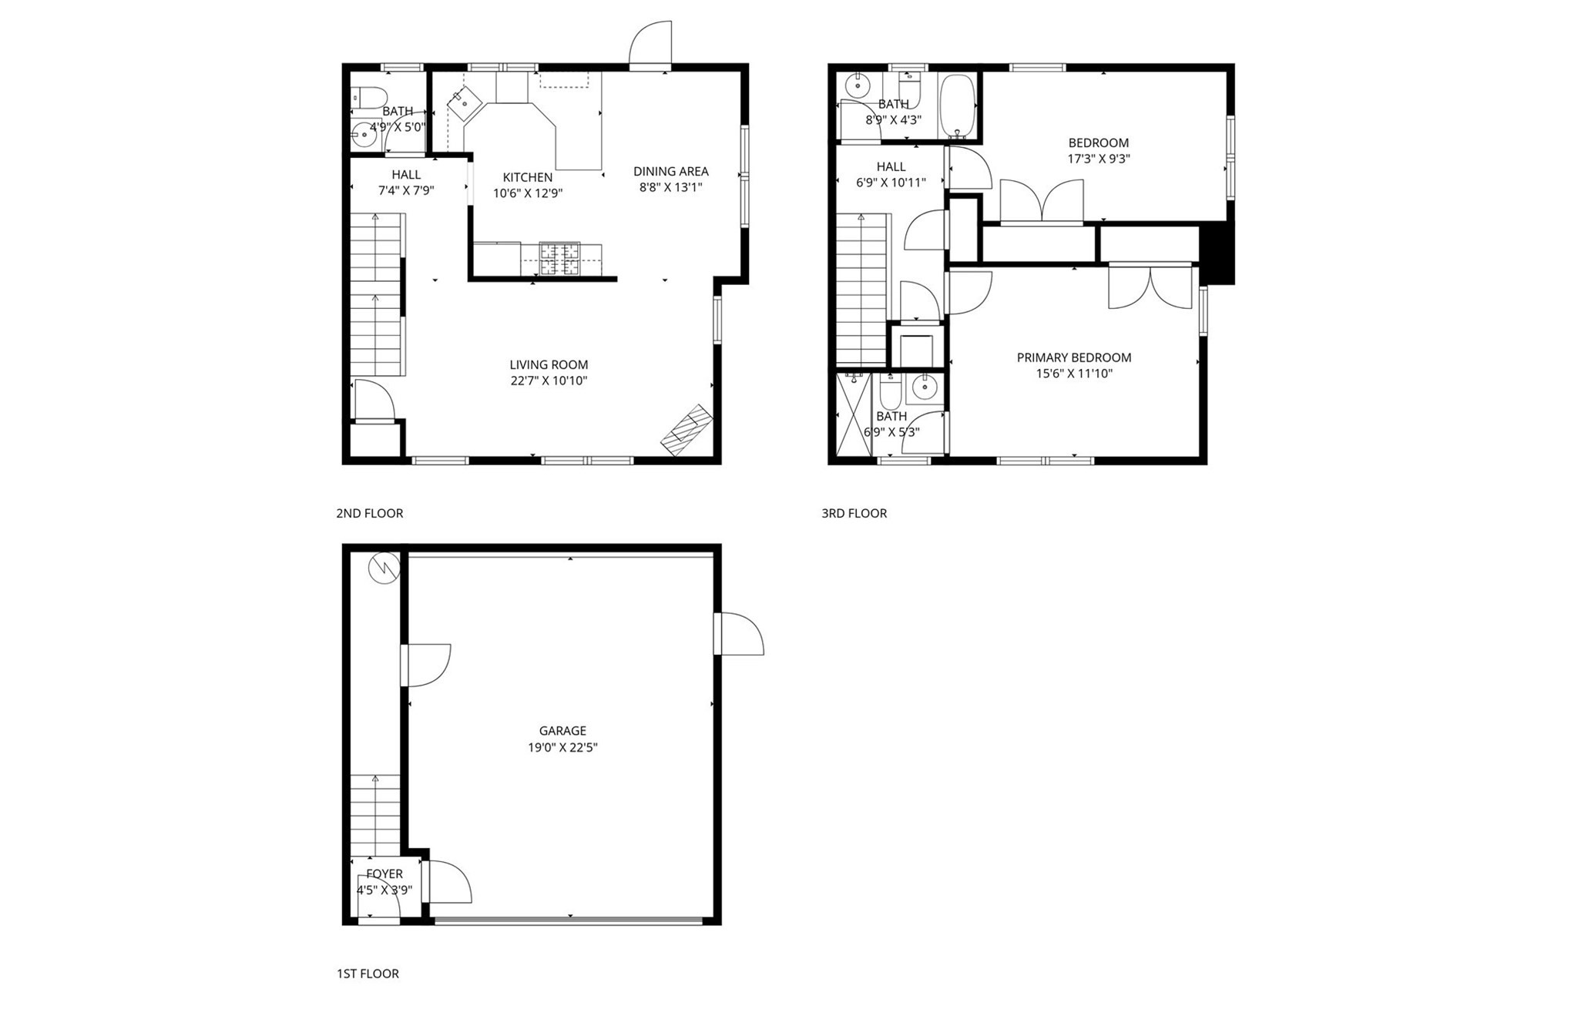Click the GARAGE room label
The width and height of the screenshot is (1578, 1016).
point(562,730)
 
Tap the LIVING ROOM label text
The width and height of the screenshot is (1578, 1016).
point(549,364)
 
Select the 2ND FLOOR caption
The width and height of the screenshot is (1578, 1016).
point(369,513)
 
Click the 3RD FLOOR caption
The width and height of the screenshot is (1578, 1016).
point(854,513)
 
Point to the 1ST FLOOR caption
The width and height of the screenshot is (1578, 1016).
point(368,974)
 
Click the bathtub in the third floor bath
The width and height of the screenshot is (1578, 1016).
point(958,106)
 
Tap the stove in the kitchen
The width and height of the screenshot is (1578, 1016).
point(559,258)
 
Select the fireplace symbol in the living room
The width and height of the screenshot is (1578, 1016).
point(687,430)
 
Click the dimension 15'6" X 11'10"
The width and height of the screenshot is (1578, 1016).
point(1073,374)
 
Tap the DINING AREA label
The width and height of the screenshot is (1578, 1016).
point(670,171)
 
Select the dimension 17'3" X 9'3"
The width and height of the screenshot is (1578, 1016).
point(1098,159)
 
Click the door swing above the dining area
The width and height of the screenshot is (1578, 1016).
point(651,45)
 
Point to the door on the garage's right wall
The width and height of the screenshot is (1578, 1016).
point(738,633)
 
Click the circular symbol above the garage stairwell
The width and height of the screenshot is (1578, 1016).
point(384,568)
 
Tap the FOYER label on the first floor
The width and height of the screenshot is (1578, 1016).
point(384,873)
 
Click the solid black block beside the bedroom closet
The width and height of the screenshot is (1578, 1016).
point(1217,253)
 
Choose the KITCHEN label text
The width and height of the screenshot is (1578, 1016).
point(527,177)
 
